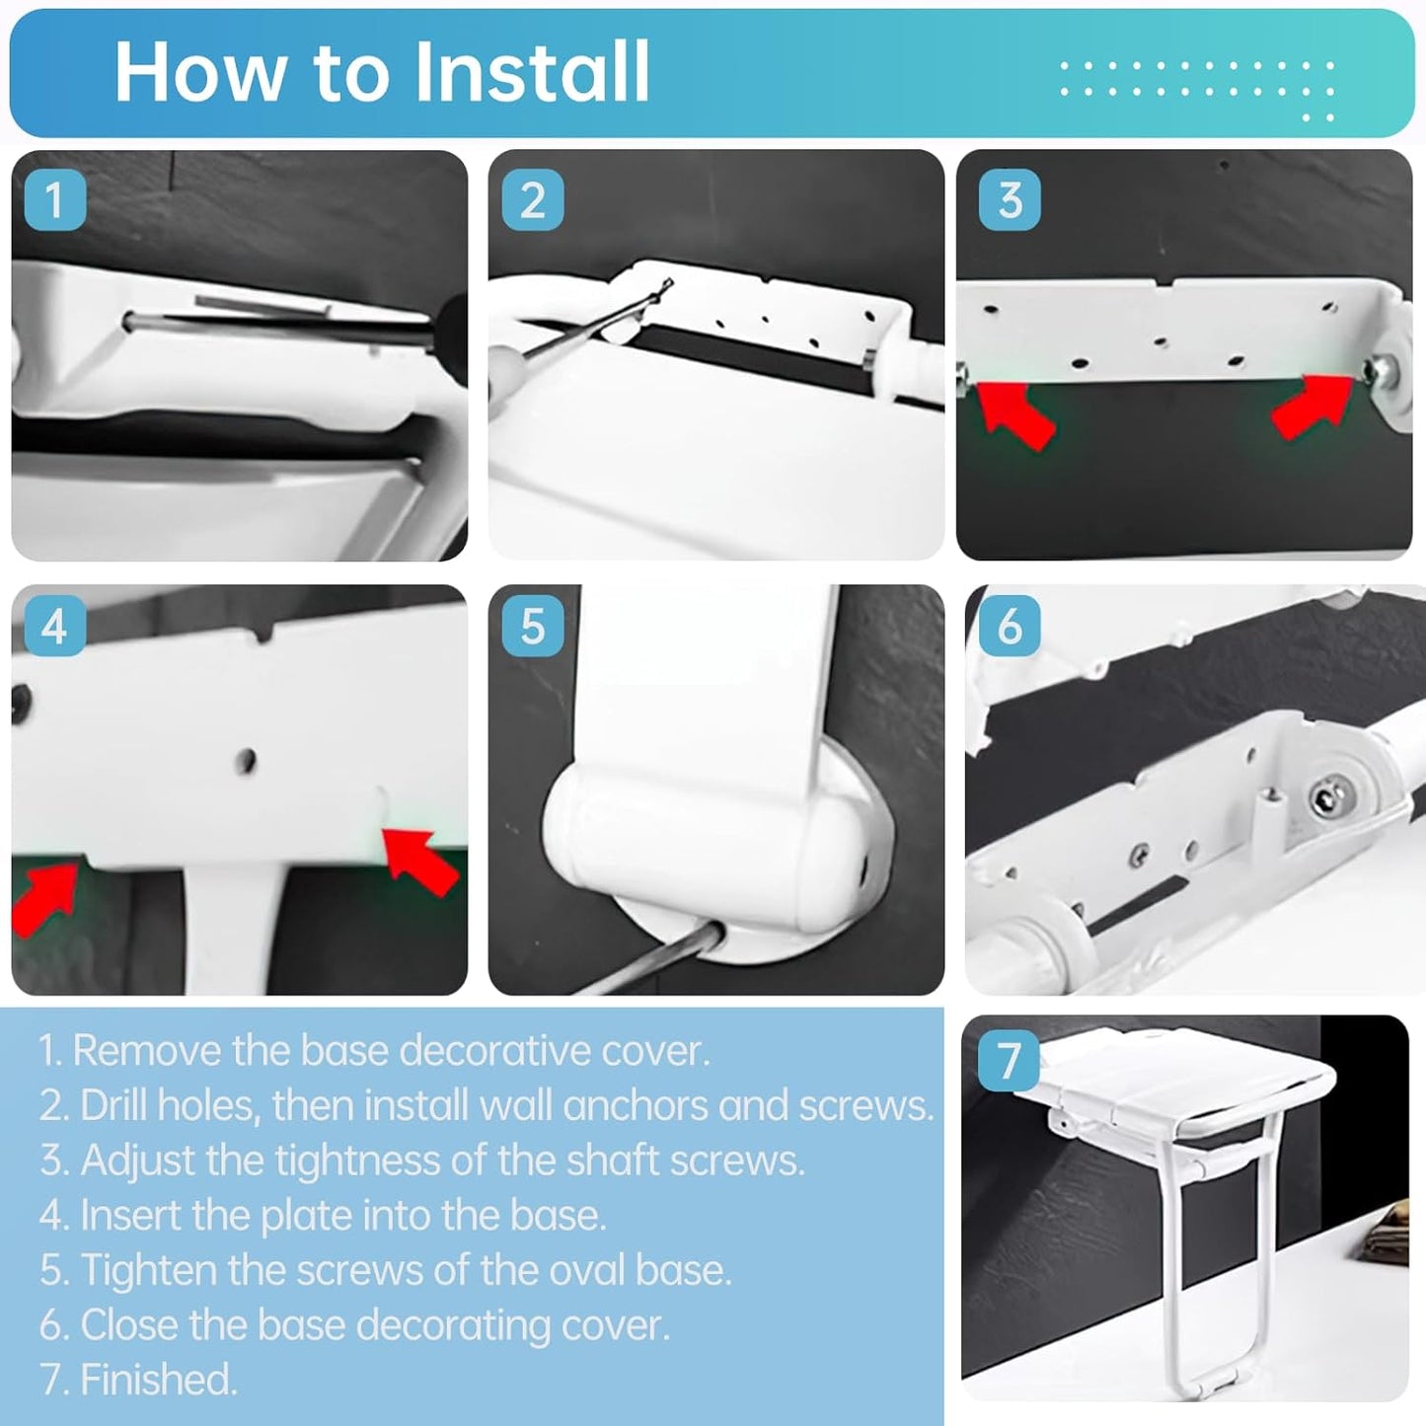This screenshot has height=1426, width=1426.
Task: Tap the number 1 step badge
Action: point(54,200)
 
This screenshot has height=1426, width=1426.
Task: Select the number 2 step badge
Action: point(533,200)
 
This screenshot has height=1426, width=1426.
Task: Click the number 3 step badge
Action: point(1009,200)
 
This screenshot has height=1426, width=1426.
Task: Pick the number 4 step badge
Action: point(54,627)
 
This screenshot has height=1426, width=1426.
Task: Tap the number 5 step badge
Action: point(533,627)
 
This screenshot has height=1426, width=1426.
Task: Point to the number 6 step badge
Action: point(1009,627)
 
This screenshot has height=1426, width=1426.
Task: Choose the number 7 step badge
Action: point(1009,1061)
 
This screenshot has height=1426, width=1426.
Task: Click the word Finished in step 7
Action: point(158,1380)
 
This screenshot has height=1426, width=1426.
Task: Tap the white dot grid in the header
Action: point(1197,84)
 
